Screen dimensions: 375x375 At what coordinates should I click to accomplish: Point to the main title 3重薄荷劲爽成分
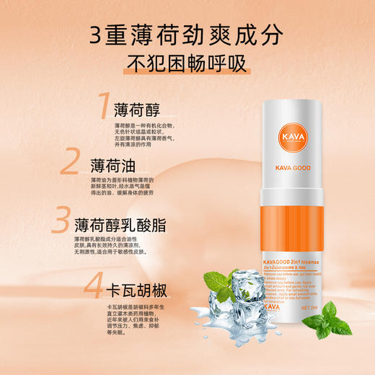tap(187, 32)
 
